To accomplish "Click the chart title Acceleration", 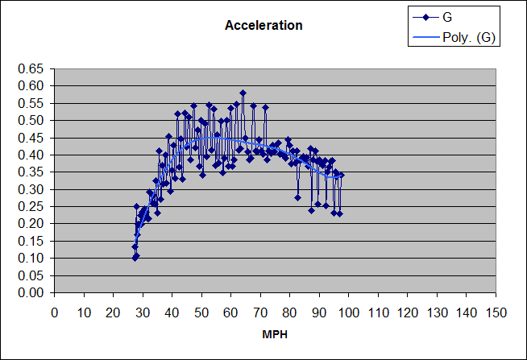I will pyautogui.click(x=263, y=25).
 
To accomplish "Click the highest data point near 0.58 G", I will pyautogui.click(x=243, y=93).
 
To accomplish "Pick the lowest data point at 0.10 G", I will pyautogui.click(x=135, y=258).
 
